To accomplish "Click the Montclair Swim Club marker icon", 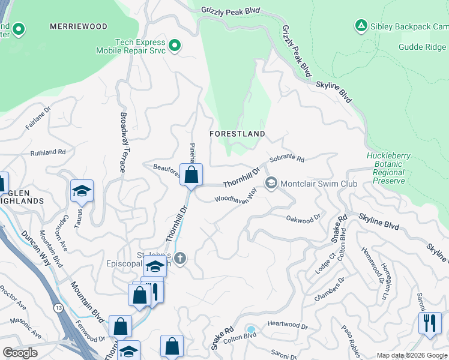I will point(271,183).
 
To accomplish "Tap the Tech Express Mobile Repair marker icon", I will point(175,46).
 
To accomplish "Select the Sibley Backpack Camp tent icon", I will point(361,26).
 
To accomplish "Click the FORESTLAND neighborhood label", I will point(237,134).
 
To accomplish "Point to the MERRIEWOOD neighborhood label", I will point(79,26).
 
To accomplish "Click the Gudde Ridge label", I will point(423,47).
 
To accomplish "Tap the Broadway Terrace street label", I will point(124,142).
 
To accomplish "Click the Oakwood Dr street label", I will point(303,220).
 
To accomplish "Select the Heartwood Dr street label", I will point(287,327).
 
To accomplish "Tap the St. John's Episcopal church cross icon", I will point(180,258).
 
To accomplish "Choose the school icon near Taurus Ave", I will point(82,191).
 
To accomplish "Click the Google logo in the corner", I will point(20,353).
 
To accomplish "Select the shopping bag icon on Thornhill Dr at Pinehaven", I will point(191,175).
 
